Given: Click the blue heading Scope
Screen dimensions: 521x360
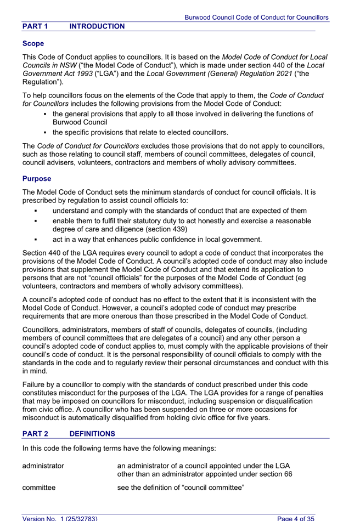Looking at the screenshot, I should point(33,43).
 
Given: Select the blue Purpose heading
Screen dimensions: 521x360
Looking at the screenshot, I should point(37,179).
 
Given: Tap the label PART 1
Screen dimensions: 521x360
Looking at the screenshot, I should point(36,26).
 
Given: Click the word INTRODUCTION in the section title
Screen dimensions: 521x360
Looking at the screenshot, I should point(97,26).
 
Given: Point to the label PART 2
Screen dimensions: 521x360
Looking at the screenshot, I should point(36,433).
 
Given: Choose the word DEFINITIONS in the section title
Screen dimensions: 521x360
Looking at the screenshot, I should point(93,433).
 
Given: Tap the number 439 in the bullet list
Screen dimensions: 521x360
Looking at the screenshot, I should point(177,229).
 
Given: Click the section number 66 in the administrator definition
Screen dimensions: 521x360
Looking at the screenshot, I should point(287,474).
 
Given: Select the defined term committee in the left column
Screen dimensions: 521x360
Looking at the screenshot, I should point(39,487).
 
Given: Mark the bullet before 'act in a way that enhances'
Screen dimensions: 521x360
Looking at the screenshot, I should point(35,239).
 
